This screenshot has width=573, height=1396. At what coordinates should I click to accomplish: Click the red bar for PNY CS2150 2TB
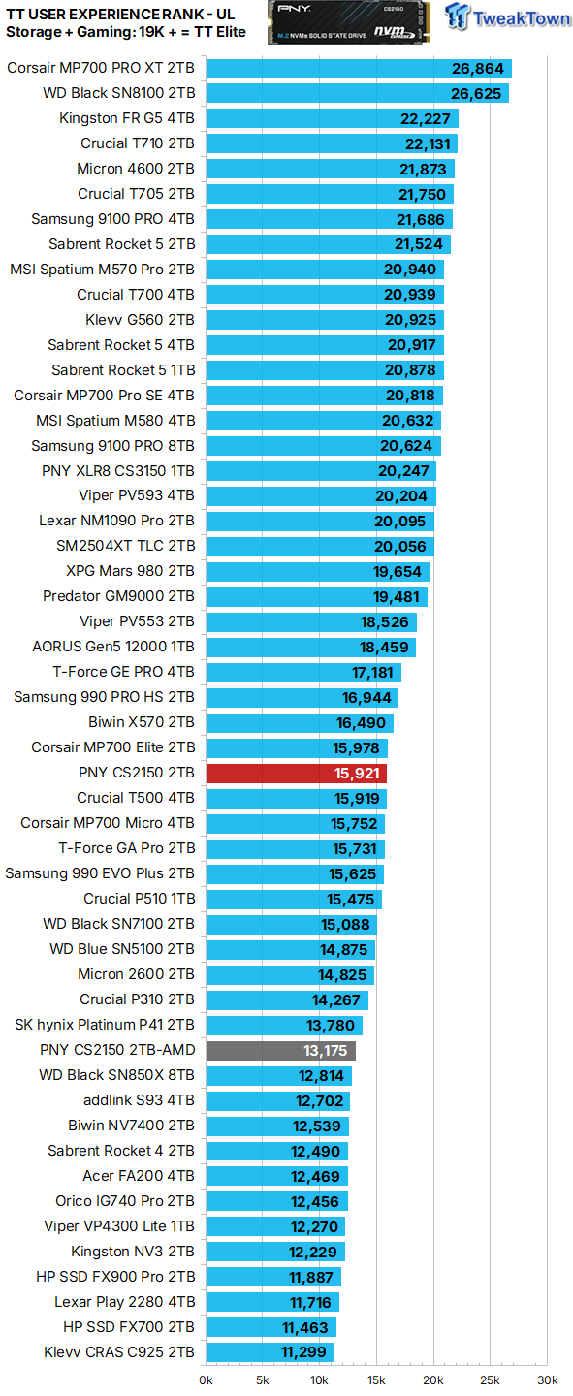tap(296, 773)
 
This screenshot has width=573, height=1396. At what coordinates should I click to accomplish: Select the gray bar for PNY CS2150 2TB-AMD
tap(280, 1050)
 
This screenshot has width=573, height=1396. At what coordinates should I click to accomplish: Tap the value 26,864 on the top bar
tap(476, 68)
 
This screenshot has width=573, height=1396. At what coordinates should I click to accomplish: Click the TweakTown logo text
tap(520, 18)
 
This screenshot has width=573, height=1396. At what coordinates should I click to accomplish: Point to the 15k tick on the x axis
tap(376, 1380)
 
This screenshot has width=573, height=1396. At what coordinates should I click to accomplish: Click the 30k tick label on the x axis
tap(548, 1380)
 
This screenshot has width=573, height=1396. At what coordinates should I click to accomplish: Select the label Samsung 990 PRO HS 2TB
tap(104, 697)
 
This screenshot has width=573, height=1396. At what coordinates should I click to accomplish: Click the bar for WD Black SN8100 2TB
tap(357, 93)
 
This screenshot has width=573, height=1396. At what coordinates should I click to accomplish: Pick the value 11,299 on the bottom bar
tap(304, 1352)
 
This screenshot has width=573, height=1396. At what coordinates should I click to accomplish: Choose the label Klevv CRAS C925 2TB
tap(118, 1352)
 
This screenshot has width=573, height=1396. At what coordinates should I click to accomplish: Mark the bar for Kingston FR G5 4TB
tap(332, 118)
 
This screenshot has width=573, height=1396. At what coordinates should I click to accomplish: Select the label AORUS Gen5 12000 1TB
tap(112, 647)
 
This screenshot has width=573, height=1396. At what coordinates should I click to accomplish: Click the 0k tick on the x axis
tap(206, 1380)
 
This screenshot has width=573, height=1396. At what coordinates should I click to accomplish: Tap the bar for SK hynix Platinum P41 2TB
tap(283, 1025)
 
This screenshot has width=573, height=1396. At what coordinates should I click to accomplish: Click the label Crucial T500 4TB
tap(136, 798)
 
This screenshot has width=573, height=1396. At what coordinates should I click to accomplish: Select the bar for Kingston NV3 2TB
tap(274, 1252)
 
